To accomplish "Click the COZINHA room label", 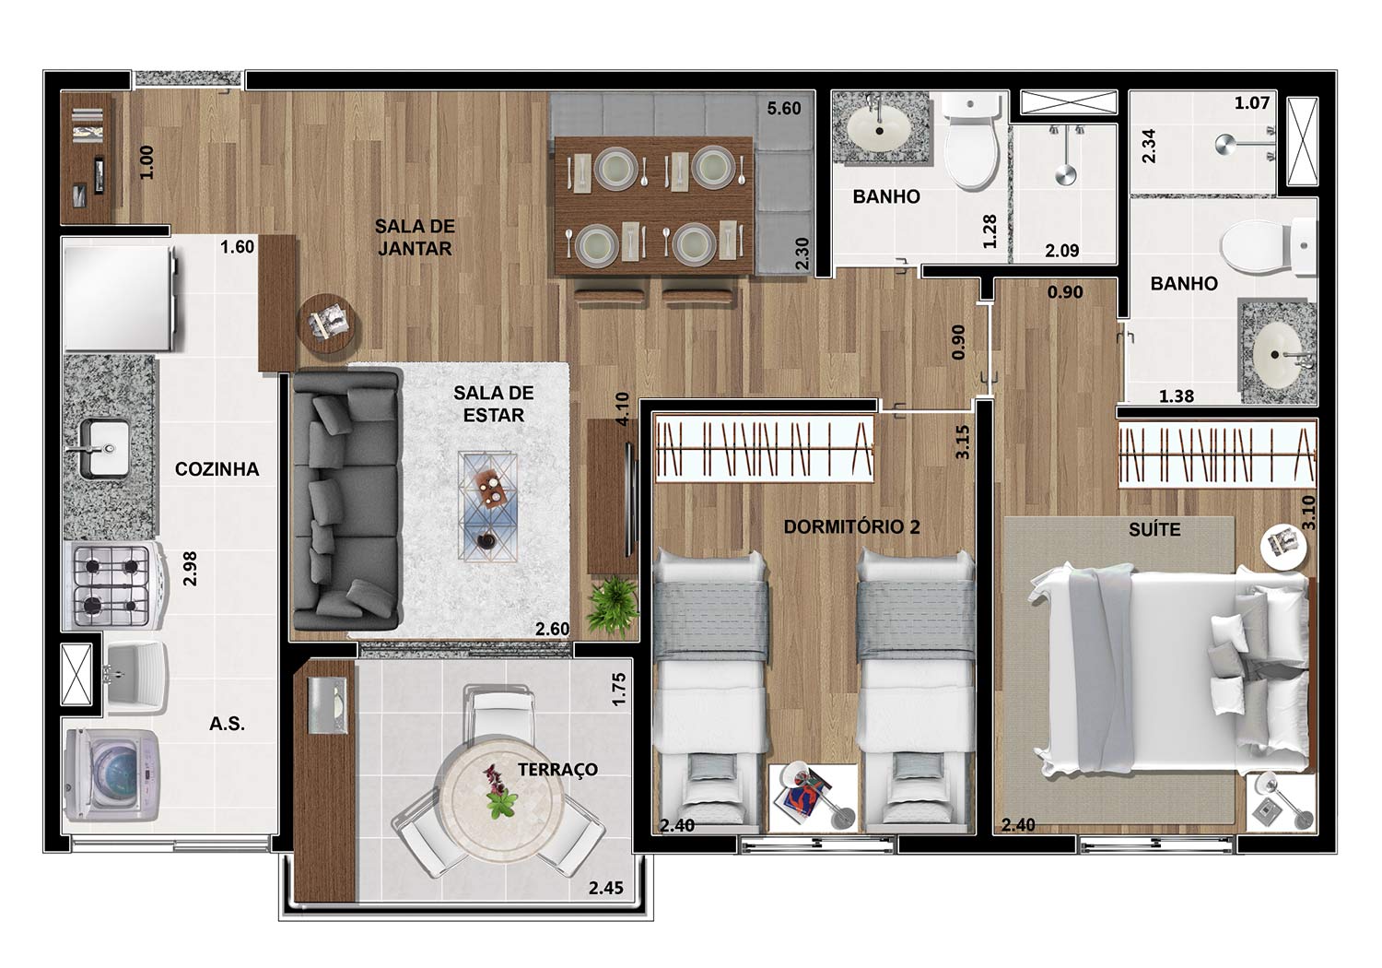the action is (217, 469).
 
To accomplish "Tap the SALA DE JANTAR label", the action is (415, 238).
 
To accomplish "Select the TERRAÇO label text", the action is (557, 769).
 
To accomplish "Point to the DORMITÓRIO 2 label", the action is (851, 526).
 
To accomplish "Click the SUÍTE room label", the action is (1155, 529).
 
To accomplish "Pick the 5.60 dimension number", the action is (783, 109).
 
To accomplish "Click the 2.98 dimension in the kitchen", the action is (190, 568).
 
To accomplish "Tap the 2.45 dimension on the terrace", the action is (605, 888).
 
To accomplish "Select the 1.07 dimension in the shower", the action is (1252, 103).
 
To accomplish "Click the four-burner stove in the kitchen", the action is (113, 585).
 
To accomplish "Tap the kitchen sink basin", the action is (105, 448).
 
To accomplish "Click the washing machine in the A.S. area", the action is (111, 775).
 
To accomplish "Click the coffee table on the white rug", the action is (487, 506).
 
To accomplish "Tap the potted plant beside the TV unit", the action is (612, 607).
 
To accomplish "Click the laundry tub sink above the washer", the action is (135, 678).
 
